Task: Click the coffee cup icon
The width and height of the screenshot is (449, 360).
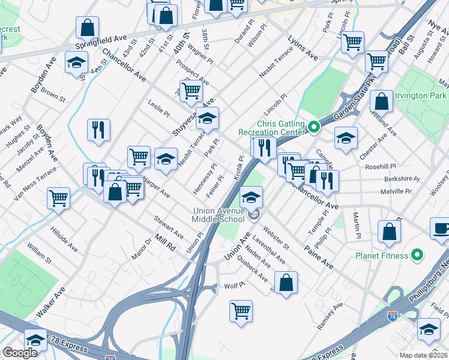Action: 441,228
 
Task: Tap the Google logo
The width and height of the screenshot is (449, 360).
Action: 20,353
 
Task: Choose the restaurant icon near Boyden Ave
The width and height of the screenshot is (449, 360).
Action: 97,130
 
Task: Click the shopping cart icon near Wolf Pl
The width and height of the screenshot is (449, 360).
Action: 241,311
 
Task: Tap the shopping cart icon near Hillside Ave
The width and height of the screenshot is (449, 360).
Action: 58,197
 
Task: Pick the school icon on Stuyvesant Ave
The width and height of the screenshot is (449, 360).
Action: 207,118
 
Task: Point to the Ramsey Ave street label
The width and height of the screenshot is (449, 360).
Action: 330,316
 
